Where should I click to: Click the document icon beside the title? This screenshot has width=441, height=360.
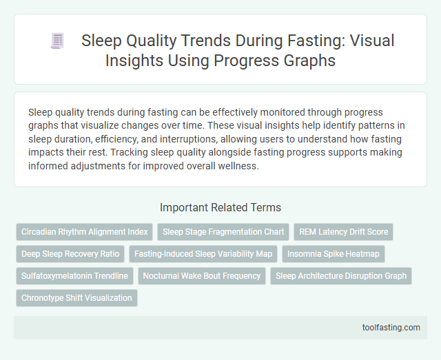coord(57,41)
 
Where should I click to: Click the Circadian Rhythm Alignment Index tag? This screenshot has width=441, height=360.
coord(84,232)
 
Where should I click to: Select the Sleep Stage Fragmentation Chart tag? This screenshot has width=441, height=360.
coord(223,232)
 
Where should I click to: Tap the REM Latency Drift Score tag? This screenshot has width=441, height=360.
coord(344,232)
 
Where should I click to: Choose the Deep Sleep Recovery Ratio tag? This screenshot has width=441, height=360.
coord(70,254)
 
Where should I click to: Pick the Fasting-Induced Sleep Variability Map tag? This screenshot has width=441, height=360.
coord(203,254)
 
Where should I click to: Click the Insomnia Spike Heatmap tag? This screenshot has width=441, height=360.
coord(334,254)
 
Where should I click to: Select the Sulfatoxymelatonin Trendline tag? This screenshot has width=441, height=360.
coord(74,276)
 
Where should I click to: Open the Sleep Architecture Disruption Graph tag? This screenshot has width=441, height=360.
coord(341,276)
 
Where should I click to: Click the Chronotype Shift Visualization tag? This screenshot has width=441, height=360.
coord(76,298)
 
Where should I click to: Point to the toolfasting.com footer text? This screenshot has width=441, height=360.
coord(391,328)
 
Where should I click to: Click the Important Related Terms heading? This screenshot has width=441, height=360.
coord(220,207)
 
